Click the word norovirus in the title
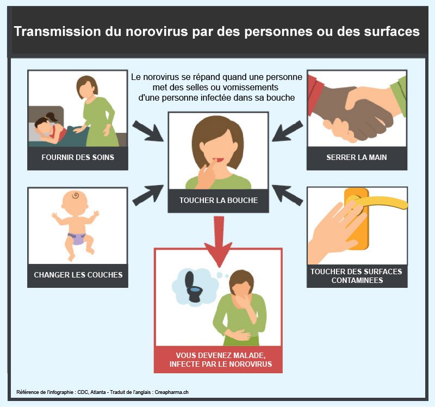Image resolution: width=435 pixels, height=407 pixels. tap(157, 32)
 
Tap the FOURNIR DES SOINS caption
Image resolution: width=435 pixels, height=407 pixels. tap(78, 157)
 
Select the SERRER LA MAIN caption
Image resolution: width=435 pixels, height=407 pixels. tap(357, 157)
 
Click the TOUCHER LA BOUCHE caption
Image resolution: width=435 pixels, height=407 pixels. tap(219, 200)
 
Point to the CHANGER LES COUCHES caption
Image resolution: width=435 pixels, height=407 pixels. tap(78, 275)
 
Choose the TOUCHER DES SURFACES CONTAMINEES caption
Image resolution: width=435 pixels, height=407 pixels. tap(357, 276)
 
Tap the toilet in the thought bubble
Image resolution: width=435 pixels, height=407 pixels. tap(194, 287)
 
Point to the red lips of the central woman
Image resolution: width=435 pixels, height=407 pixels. tap(219, 160)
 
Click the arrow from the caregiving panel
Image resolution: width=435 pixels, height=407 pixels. tap(147, 131)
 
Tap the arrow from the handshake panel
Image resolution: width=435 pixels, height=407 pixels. tap(288, 131)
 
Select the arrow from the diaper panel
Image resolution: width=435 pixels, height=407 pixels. tap(147, 195)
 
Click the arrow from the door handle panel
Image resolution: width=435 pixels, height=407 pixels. tap(288, 195)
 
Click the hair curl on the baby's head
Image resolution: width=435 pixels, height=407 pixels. tap(76, 195)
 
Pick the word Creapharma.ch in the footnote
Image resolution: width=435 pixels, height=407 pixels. tap(171, 392)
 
